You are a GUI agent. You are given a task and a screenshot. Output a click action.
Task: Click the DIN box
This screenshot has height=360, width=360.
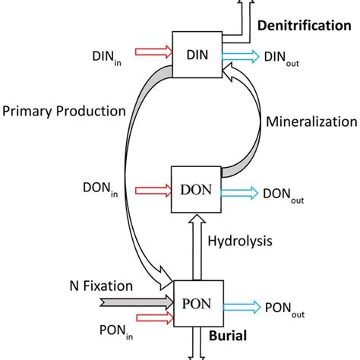(197, 55)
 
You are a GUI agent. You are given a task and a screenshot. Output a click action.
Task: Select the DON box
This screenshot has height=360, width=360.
(196, 189)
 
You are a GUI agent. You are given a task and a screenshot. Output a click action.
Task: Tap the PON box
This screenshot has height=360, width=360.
(198, 304)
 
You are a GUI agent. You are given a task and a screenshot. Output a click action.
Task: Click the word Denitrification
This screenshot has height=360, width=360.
(305, 26)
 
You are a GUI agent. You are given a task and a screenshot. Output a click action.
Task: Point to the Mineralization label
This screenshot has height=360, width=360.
(311, 122)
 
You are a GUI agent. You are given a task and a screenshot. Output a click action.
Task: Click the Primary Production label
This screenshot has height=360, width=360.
(64, 112)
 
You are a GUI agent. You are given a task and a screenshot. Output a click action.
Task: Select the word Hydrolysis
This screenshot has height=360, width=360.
(240, 242)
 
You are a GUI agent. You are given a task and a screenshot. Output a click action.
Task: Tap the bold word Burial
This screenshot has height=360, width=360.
(228, 336)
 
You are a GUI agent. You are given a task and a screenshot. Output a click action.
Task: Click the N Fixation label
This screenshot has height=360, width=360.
(101, 286)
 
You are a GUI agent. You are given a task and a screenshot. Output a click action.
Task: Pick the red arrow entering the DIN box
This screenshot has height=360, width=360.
(154, 52)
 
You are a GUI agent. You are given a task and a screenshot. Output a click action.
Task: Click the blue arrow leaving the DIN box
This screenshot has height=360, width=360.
(241, 56)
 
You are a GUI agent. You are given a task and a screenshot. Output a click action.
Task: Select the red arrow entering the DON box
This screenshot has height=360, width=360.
(153, 191)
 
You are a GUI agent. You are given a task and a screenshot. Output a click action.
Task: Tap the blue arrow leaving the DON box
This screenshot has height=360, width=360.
(239, 193)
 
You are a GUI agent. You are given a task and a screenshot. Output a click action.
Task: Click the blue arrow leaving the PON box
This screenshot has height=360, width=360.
(242, 307)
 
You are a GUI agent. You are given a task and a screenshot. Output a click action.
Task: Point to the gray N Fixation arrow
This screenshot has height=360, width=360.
(137, 302)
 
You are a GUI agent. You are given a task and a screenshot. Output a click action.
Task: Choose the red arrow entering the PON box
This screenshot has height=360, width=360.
(155, 317)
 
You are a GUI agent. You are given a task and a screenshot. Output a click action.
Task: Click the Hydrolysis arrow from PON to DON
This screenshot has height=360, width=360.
(197, 248)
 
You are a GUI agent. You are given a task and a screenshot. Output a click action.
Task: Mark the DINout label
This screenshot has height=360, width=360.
(282, 58)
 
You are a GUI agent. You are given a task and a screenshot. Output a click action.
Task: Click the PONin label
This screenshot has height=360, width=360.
(116, 332)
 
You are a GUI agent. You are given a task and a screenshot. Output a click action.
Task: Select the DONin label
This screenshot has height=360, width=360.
(100, 190)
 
